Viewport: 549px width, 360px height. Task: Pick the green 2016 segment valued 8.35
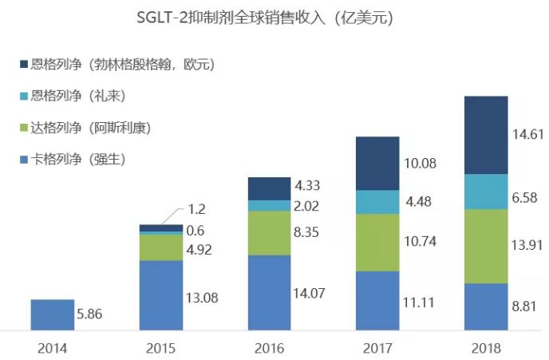[x=269, y=232]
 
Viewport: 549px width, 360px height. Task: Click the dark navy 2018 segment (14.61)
[x=486, y=134]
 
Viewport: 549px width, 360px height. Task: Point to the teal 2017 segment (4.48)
[x=377, y=202]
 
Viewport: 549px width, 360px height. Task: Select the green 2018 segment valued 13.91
[x=486, y=246]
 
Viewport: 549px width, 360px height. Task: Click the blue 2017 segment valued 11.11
[x=377, y=300]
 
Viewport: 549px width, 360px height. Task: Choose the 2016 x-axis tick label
[x=269, y=348]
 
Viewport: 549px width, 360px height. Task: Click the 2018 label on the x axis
[x=486, y=348]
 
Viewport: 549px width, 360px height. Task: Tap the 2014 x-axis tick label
[x=52, y=348]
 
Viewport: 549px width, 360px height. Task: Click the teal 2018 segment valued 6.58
[x=486, y=191]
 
